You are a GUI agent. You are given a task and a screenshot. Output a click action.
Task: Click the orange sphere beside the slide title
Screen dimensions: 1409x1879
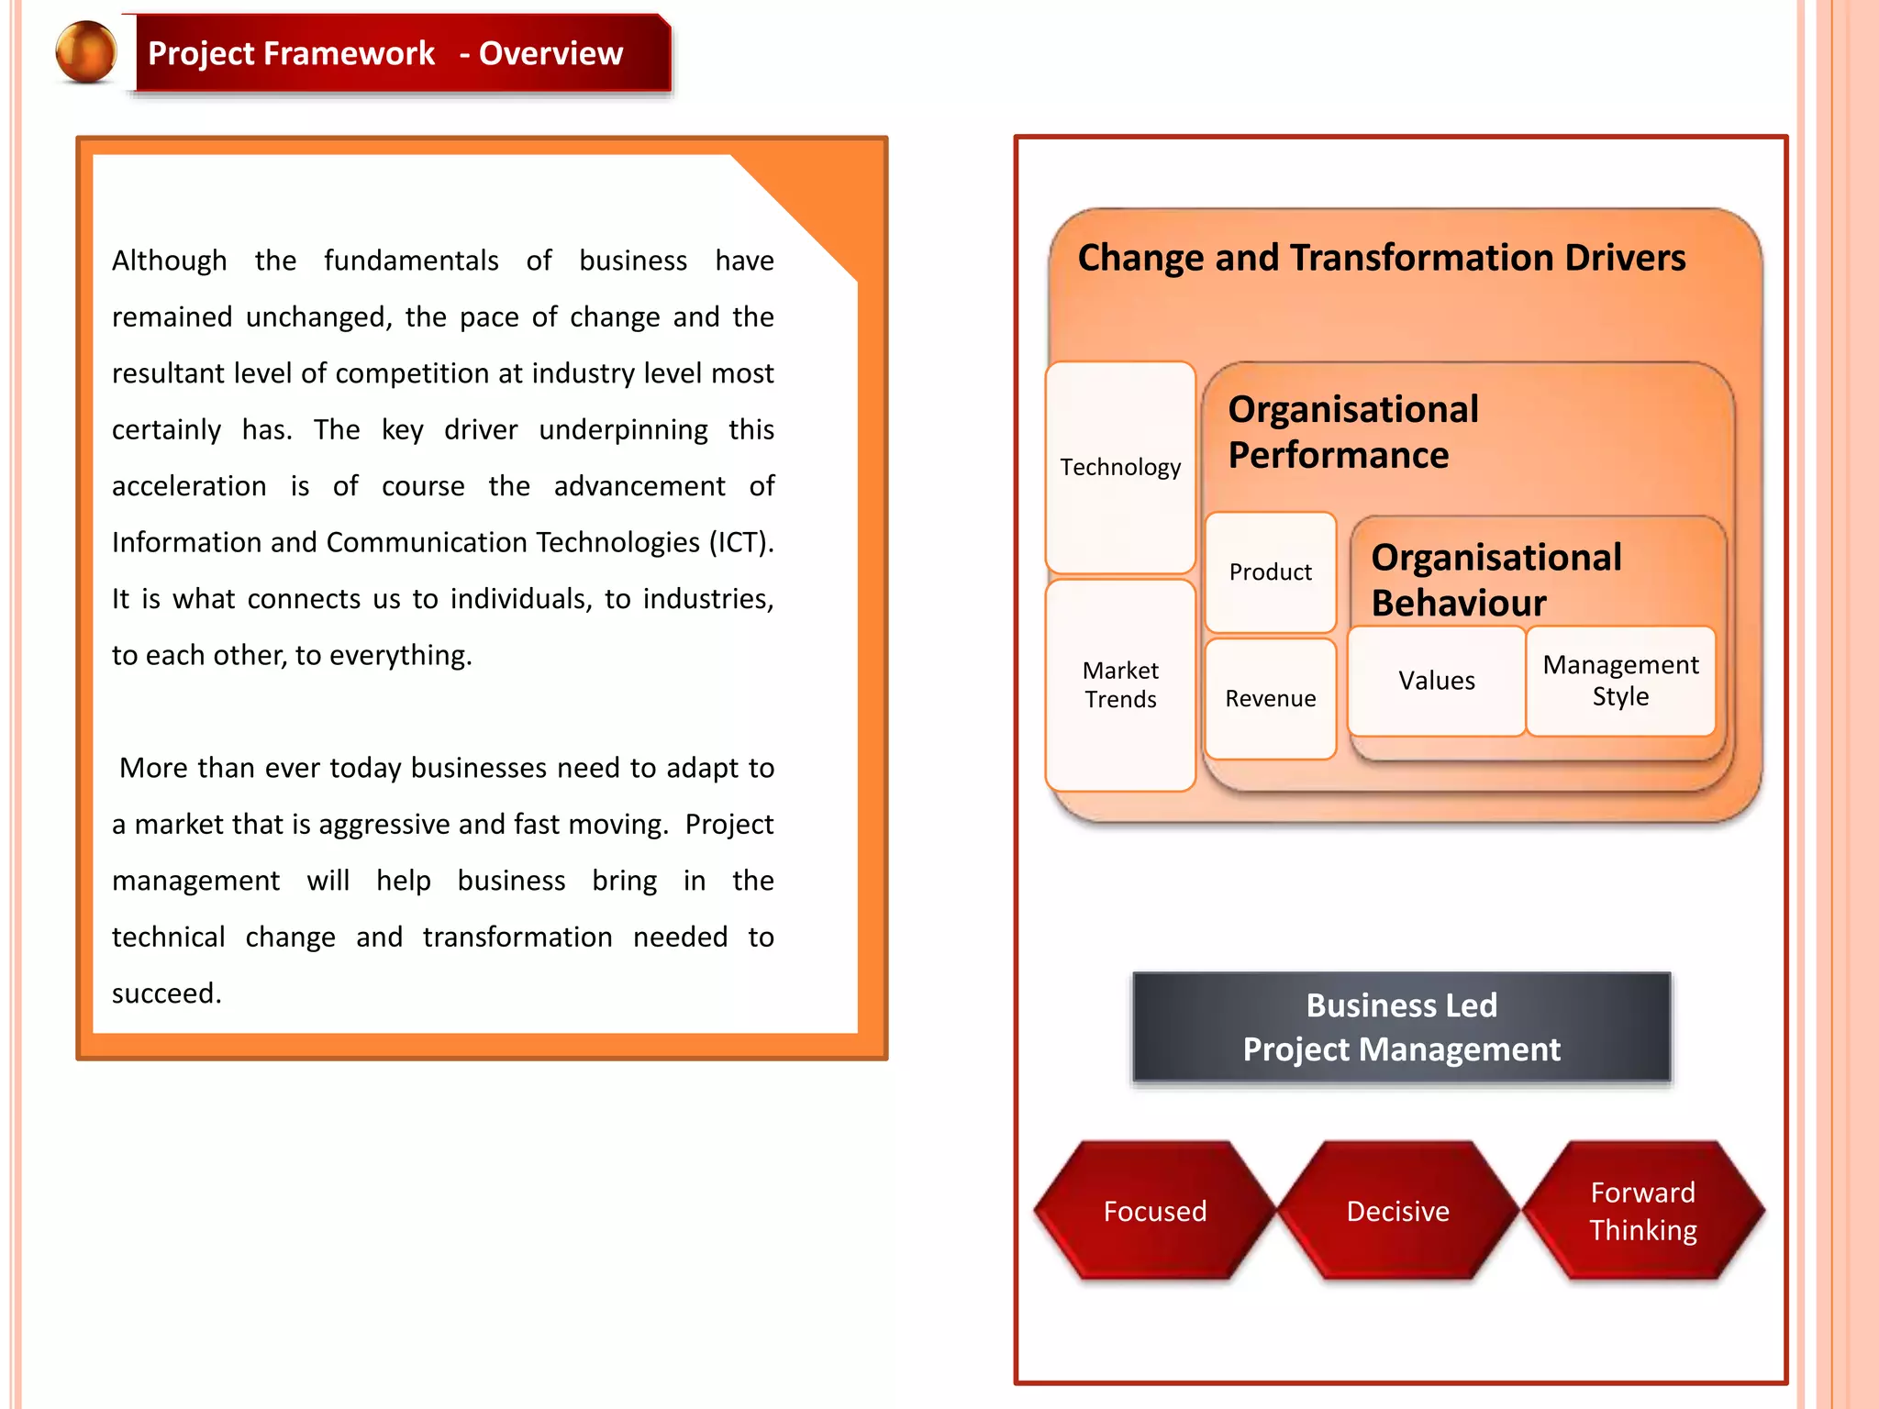86,52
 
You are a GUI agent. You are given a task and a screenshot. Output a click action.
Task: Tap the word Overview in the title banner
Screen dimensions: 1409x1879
550,53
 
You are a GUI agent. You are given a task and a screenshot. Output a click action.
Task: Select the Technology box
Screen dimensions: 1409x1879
1120,467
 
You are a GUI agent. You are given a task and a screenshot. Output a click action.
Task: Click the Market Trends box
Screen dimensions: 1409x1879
1120,684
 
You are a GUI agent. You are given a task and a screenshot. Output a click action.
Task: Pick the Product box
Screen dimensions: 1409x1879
1270,572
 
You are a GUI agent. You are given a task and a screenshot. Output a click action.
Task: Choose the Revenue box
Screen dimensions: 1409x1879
1270,699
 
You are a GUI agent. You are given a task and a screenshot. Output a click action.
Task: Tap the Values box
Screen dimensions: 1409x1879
1436,681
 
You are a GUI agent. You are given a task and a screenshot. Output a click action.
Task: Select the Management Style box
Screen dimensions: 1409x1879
1620,681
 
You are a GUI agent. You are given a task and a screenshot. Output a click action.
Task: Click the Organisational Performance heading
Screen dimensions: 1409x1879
1353,432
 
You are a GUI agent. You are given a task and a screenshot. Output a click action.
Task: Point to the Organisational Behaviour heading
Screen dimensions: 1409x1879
1495,580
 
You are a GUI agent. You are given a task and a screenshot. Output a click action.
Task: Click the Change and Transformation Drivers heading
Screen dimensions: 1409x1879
1381,258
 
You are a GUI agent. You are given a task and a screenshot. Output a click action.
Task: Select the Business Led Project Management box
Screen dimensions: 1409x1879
1401,1027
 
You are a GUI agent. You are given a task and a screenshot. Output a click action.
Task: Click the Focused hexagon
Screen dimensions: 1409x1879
1154,1211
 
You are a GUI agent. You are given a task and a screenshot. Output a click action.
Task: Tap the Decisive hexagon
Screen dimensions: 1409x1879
1397,1211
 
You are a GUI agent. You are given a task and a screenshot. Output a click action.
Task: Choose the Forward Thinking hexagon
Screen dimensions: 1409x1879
1642,1211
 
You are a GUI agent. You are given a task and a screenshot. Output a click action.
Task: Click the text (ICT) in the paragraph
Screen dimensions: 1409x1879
740,542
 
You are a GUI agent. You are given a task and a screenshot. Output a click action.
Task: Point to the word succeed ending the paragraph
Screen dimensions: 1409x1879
165,993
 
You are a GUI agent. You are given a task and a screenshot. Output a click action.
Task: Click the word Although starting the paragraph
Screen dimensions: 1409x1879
169,261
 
